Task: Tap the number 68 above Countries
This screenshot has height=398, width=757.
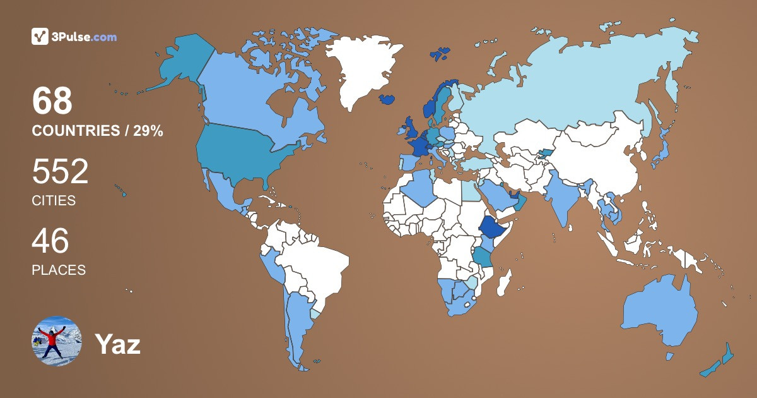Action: coord(52,101)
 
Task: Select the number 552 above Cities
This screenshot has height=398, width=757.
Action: coord(60,171)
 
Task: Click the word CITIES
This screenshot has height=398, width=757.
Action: coord(54,201)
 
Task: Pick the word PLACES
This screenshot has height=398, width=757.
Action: coord(59,270)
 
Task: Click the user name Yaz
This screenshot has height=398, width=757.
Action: coord(117,344)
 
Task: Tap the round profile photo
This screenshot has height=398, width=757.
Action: coord(57,341)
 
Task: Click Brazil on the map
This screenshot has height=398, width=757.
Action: coord(315,265)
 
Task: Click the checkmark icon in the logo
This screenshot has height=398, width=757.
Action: coord(40,37)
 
